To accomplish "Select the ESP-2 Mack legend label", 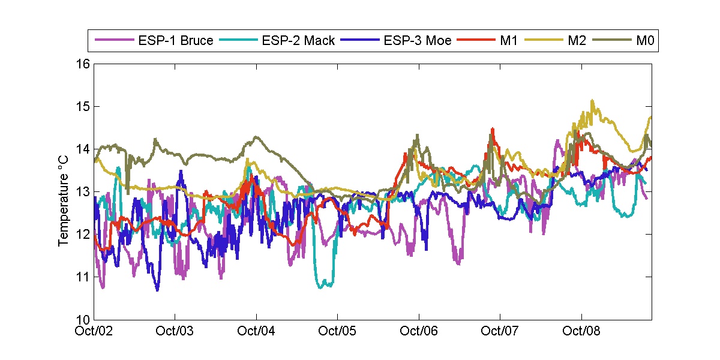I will [298, 41].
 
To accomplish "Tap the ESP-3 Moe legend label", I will [418, 41].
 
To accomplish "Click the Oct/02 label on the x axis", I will [95, 331].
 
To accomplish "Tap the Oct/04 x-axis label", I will [257, 331].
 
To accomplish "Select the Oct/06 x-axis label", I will [419, 331].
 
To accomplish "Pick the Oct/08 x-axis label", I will [581, 331].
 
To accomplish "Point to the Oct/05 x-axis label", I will [338, 331].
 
